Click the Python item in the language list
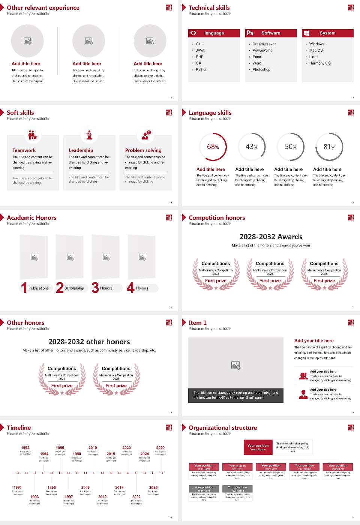201,70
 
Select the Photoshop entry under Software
261,70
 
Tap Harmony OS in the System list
320,63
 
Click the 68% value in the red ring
213,147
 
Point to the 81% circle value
329,147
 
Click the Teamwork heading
24,150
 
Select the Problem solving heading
143,150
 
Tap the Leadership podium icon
89,135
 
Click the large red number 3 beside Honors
95,288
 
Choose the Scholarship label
74,288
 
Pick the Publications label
39,288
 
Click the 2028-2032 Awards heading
271,237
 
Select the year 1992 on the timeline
25,448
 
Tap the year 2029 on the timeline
160,448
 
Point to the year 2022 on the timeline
136,497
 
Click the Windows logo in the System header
307,33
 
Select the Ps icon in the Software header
250,33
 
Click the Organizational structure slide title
223,428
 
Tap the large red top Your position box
258,447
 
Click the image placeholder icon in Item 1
236,365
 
